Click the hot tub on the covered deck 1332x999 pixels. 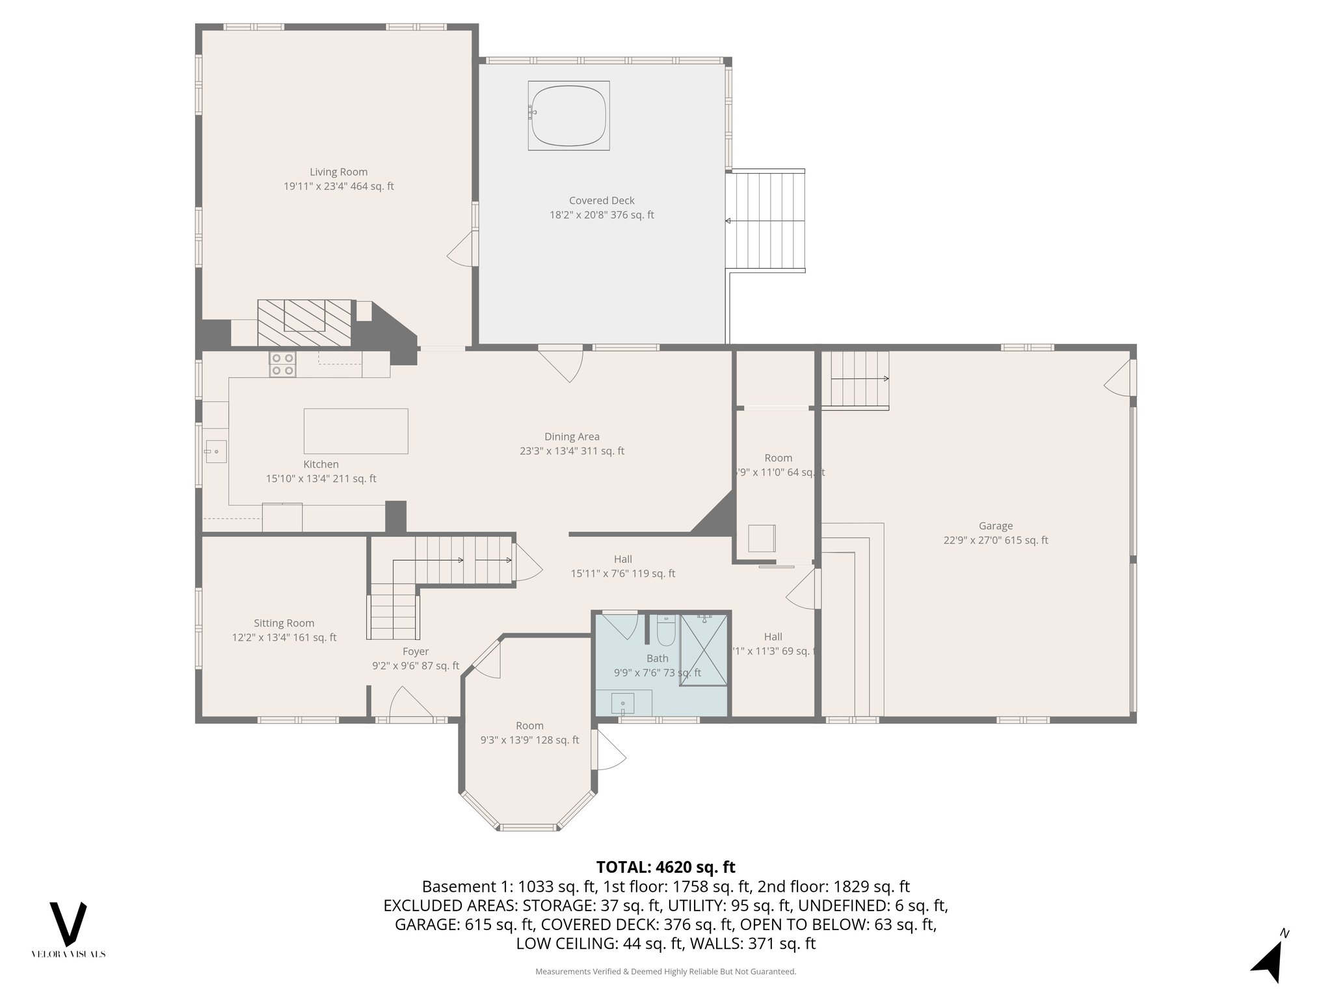click(568, 116)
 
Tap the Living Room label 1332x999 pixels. click(338, 172)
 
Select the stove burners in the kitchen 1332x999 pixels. click(283, 364)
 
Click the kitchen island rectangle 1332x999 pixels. click(356, 431)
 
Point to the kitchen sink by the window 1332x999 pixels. click(215, 451)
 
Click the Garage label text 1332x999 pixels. click(995, 526)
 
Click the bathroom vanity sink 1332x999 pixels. click(623, 703)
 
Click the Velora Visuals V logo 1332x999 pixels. click(68, 924)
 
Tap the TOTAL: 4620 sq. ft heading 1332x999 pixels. click(665, 867)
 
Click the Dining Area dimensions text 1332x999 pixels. click(572, 451)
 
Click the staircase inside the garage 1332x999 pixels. click(855, 379)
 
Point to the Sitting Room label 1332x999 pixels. click(284, 623)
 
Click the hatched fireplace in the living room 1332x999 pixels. click(304, 323)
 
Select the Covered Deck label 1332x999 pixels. click(602, 201)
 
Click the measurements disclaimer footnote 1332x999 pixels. click(665, 972)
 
